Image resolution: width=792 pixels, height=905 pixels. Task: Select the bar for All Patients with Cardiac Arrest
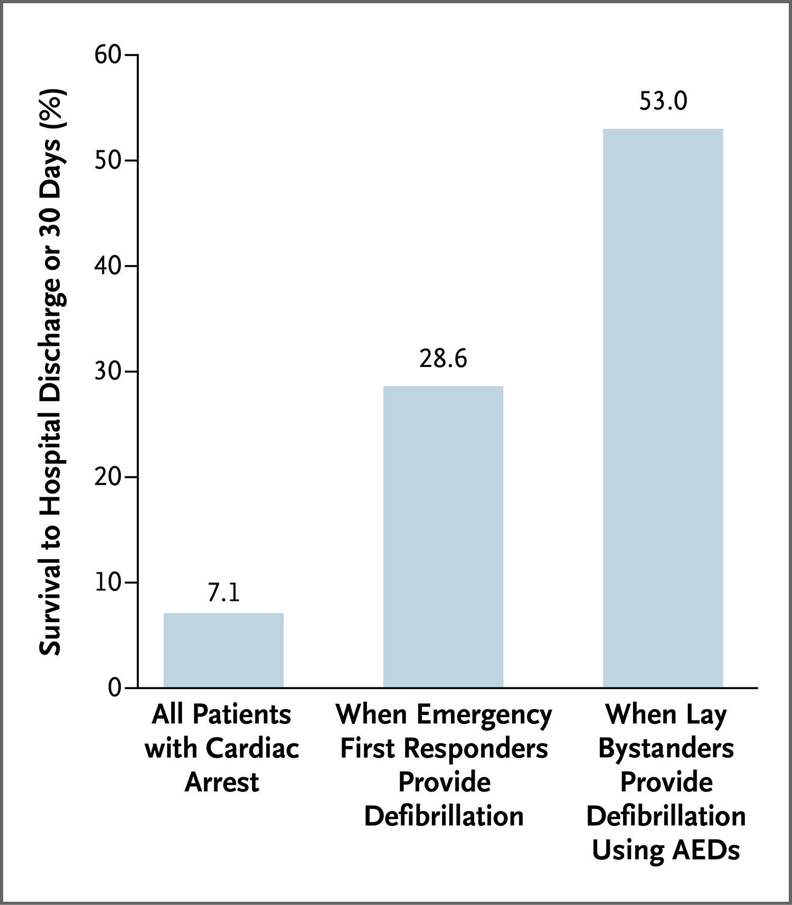pos(223,650)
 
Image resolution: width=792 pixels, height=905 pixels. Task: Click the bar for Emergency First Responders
pos(443,536)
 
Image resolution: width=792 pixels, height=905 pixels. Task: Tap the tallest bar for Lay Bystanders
pos(663,408)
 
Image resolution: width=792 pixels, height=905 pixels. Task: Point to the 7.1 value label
pos(224,592)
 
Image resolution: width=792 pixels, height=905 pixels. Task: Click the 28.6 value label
pos(443,359)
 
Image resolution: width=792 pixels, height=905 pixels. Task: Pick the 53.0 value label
pos(663,101)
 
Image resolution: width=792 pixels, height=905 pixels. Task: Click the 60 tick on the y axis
pos(108,54)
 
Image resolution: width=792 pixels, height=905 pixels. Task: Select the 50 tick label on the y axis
pos(108,161)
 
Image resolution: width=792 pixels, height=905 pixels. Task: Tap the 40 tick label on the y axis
pos(108,266)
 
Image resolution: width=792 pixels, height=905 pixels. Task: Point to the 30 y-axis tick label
pos(108,372)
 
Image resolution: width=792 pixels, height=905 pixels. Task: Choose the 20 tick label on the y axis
pos(108,477)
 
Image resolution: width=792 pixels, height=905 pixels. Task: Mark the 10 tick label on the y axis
pos(108,582)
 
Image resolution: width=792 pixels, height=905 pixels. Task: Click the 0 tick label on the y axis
pos(115,688)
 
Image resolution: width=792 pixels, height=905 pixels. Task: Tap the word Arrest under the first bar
pos(222,782)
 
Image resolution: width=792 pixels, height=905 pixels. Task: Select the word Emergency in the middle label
pos(484,715)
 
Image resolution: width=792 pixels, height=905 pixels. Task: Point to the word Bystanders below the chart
pos(666,749)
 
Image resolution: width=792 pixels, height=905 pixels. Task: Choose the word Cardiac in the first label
pos(252,749)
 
